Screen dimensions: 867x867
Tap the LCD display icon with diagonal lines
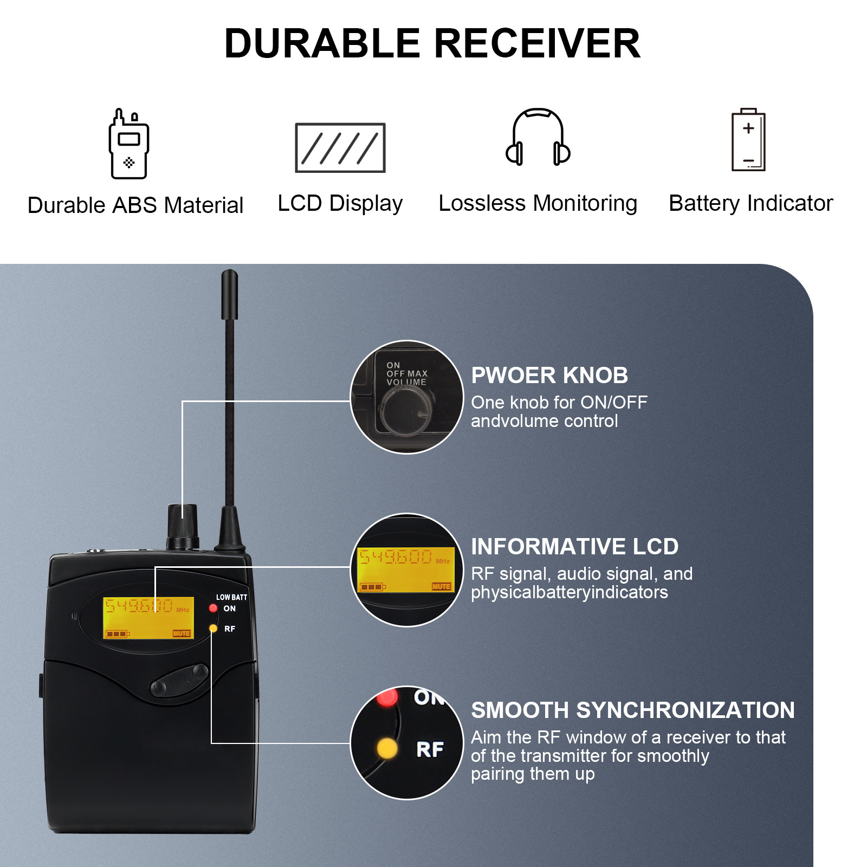[340, 148]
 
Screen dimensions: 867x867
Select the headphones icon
[538, 138]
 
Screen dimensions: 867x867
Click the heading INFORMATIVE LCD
[574, 547]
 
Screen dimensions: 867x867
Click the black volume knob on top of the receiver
[183, 526]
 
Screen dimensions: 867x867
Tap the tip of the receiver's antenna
[230, 276]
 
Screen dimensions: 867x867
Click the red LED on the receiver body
[213, 608]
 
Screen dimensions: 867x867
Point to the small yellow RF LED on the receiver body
[213, 629]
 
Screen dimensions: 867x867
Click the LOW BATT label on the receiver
[231, 597]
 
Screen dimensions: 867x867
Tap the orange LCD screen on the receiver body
[148, 618]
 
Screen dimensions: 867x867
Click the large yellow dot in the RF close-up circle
[387, 748]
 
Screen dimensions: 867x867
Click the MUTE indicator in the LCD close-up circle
[441, 586]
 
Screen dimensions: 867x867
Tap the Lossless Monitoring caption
[538, 204]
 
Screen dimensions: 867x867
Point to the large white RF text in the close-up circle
[430, 750]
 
